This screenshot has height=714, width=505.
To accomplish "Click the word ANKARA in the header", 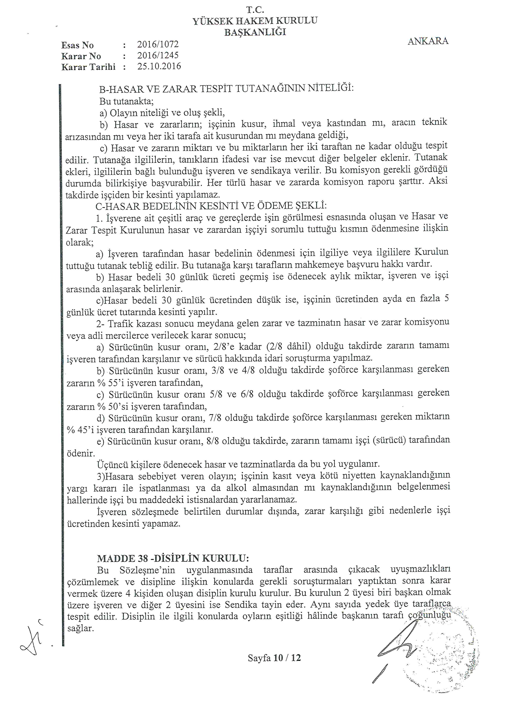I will coord(428,41).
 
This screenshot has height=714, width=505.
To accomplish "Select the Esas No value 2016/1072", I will coord(158,44).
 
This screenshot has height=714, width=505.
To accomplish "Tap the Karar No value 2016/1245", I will coord(158,55).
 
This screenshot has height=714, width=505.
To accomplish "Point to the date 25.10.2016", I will coord(159,66).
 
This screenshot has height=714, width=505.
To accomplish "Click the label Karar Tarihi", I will coord(88,67).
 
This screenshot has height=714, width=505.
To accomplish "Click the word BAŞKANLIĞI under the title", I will coord(255,32).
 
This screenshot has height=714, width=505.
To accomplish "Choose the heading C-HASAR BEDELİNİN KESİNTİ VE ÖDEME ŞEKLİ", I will coord(211,206).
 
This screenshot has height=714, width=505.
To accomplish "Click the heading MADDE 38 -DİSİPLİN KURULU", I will coord(173,558).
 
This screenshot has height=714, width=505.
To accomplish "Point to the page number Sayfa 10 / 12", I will coord(274,658).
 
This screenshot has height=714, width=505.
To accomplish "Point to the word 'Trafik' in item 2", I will coord(120,324).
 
